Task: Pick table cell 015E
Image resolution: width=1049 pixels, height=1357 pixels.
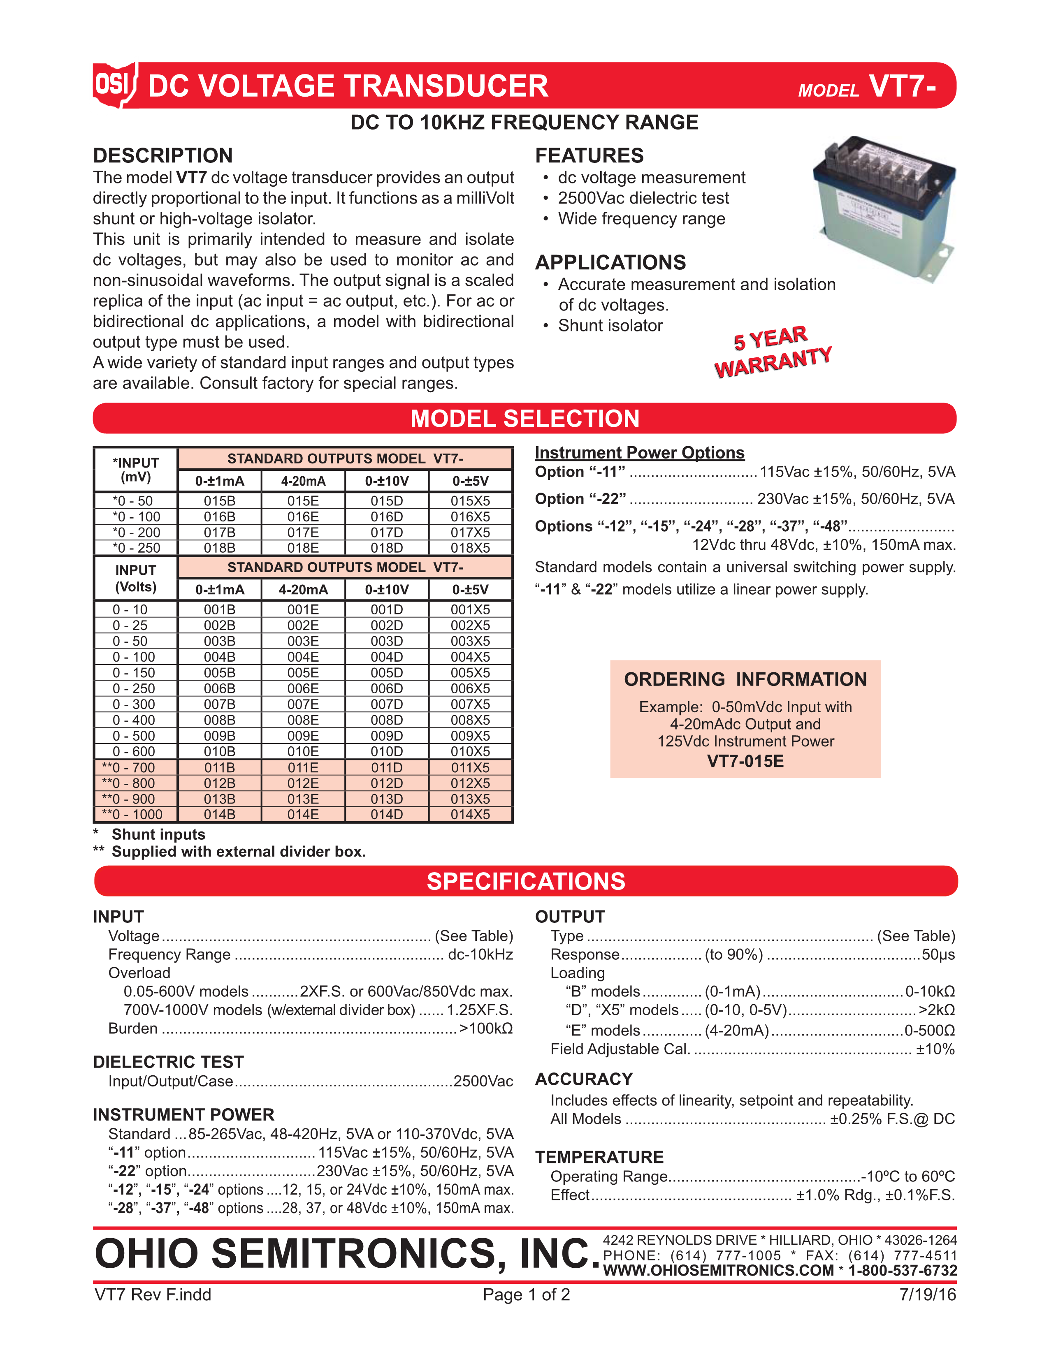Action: click(x=303, y=501)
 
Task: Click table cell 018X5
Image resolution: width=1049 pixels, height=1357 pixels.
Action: click(x=471, y=548)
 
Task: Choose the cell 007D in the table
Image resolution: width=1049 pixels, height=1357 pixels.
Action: click(x=387, y=704)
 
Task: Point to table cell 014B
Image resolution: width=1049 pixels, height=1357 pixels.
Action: click(x=219, y=815)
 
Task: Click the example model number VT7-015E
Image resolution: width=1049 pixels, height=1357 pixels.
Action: click(x=745, y=761)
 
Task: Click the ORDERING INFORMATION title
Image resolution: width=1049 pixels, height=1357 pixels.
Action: click(x=745, y=680)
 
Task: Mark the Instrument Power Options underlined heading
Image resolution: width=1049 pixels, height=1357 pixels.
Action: click(x=639, y=453)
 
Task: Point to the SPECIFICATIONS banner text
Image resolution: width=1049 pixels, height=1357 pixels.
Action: click(x=526, y=882)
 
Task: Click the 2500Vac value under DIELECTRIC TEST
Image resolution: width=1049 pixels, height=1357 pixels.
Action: click(x=483, y=1081)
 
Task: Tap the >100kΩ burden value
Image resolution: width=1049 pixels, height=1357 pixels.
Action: click(x=486, y=1028)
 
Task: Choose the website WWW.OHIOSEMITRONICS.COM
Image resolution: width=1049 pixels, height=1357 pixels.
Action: click(x=718, y=1271)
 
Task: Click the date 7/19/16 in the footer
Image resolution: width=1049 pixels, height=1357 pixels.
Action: click(x=927, y=1295)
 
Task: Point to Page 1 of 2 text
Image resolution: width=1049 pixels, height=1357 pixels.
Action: click(x=526, y=1295)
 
